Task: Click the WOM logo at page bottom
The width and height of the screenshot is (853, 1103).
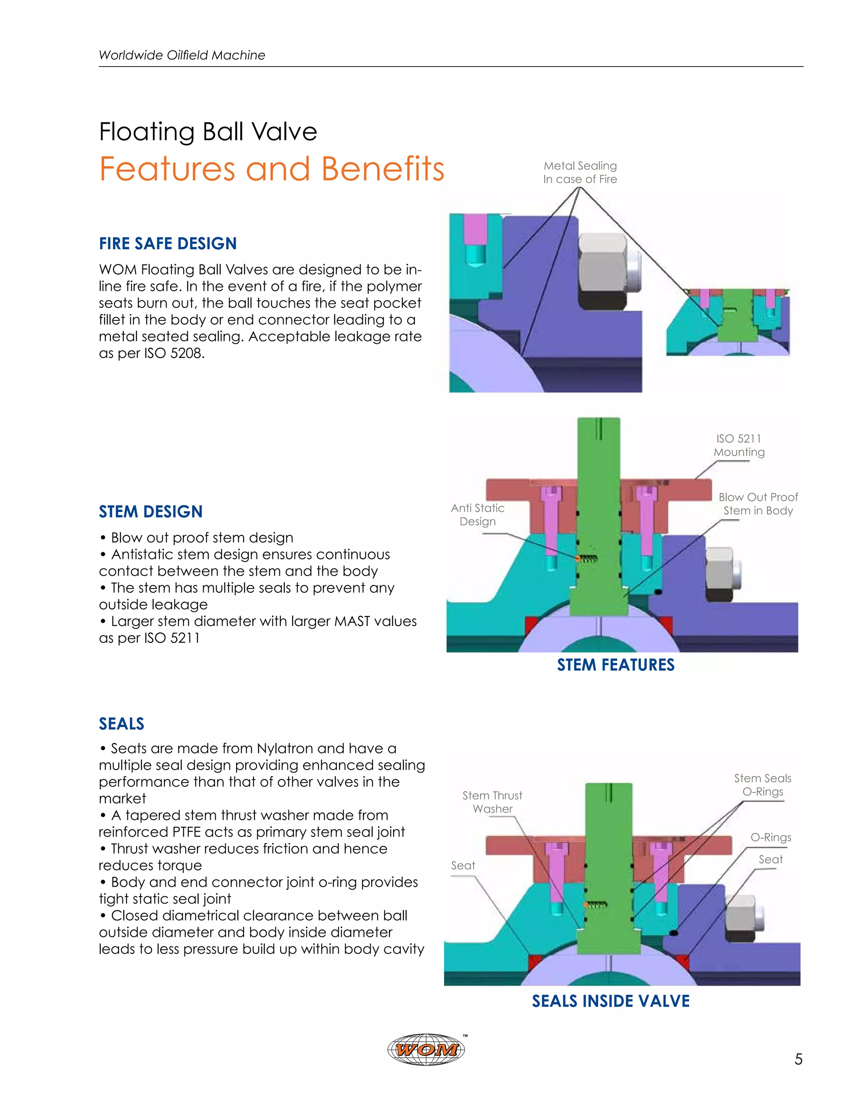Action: (426, 1049)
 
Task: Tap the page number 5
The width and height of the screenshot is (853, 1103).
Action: (798, 1059)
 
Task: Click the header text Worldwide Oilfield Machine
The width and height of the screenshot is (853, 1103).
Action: (182, 55)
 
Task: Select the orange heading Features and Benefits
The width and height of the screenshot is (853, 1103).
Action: (272, 169)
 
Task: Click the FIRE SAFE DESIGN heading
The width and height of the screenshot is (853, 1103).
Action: (168, 243)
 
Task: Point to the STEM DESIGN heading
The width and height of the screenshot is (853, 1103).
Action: (151, 512)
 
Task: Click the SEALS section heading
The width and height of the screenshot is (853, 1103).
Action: (121, 724)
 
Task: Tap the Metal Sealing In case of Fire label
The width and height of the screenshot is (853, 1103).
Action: (580, 172)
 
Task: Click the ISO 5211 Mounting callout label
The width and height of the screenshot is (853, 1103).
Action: (739, 445)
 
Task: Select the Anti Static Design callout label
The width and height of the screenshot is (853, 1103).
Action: (478, 514)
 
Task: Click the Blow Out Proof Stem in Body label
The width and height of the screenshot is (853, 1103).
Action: (758, 504)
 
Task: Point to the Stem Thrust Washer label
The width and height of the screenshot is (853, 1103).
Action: (492, 802)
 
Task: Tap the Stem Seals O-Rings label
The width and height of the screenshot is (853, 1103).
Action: (762, 785)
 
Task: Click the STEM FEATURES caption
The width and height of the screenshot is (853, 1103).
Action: (616, 665)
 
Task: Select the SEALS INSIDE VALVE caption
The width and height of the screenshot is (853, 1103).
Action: (611, 1001)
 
